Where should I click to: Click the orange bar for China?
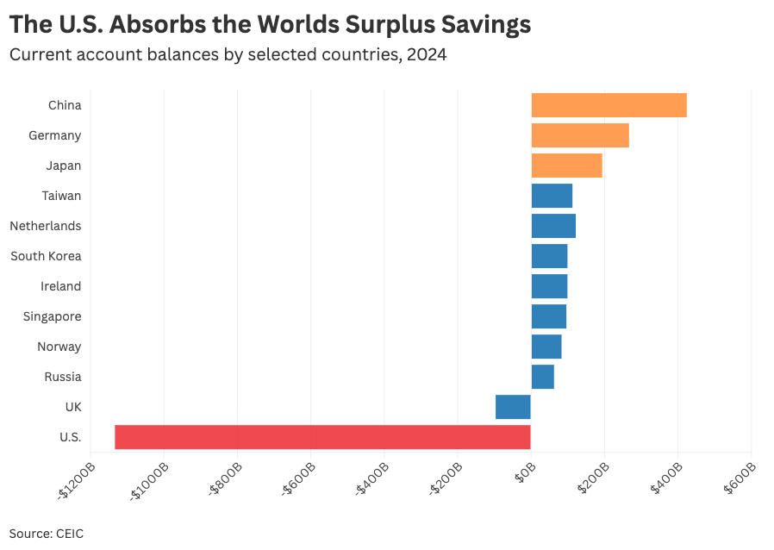coord(609,105)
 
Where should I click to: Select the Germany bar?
coord(580,135)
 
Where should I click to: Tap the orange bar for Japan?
coord(566,166)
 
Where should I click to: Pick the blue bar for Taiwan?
coord(552,196)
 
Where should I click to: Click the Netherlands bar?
coord(553,226)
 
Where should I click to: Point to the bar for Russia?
coord(542,377)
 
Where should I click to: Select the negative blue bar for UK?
coord(513,407)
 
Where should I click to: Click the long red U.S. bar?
coord(322,437)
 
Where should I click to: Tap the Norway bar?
coord(546,347)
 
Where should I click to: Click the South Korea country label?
coord(46,256)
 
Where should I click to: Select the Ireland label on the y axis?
coord(60,286)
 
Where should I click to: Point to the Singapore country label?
coord(52,316)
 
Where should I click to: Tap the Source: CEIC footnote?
coord(47,533)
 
